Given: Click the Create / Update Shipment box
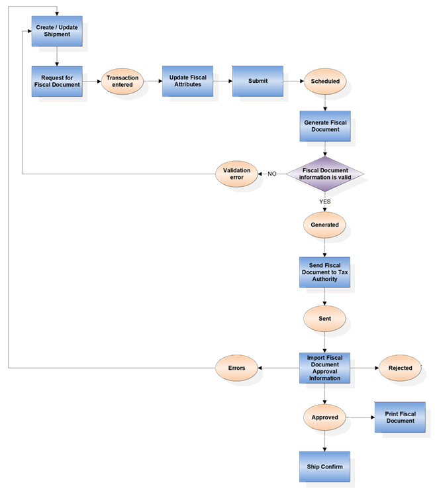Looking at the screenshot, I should [57, 31].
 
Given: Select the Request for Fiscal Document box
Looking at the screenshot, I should [57, 82].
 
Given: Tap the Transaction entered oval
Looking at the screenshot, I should [122, 82].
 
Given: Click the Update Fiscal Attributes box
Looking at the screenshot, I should [187, 81].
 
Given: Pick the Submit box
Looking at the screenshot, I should [258, 81].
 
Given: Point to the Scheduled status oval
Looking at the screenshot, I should [325, 82].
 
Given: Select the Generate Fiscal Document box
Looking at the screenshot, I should [325, 127].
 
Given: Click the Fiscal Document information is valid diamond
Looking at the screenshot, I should [324, 174].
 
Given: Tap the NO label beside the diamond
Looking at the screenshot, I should [271, 174].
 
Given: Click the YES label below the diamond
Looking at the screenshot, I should [324, 201].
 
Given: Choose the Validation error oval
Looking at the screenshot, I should [236, 174].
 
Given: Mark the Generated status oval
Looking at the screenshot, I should [324, 225].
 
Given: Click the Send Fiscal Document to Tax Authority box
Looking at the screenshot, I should [324, 272].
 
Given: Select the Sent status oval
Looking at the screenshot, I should [324, 319].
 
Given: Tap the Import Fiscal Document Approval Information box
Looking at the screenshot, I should [324, 368].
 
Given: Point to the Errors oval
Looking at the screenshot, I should [237, 368].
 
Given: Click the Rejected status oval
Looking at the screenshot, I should [400, 368].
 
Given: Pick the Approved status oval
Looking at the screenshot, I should [324, 417].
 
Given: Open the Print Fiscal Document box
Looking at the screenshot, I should [400, 417].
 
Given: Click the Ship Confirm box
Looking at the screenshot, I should [324, 467].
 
